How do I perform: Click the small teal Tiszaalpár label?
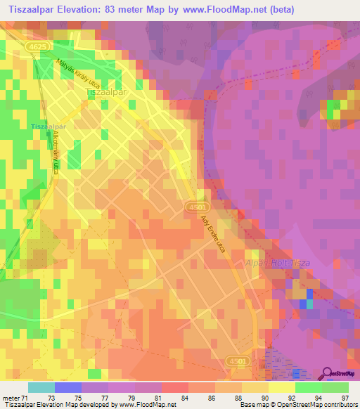click(48, 126)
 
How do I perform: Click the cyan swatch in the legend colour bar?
click(41, 387)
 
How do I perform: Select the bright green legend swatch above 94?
click(308, 387)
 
